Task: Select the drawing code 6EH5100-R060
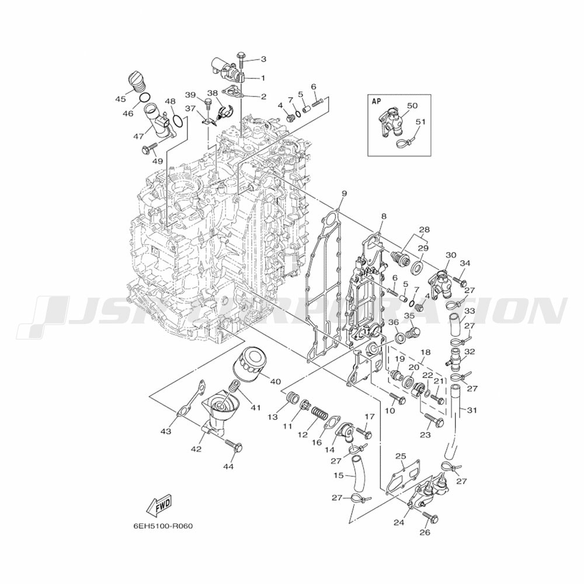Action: point(163,526)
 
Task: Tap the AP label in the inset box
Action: point(377,100)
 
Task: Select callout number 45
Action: point(121,99)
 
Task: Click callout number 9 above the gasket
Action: point(344,193)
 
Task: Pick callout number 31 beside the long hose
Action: point(472,410)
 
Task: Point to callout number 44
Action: point(228,467)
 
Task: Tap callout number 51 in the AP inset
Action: point(420,122)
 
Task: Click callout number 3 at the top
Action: point(263,59)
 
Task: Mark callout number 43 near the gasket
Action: point(166,432)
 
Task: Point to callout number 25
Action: point(400,456)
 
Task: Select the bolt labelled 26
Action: point(430,517)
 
